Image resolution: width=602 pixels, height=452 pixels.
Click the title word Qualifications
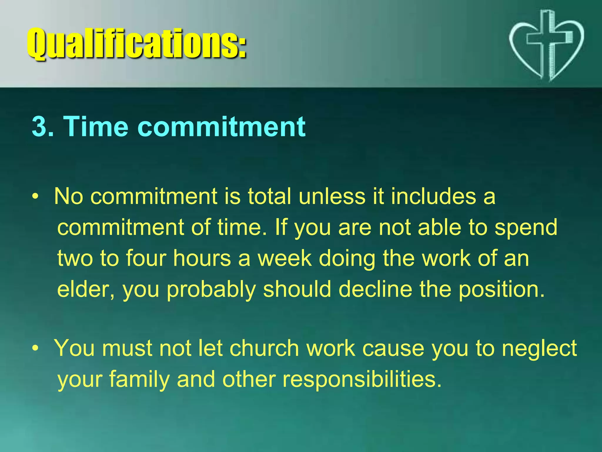[x=137, y=44]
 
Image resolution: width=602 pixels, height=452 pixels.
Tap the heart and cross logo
[x=546, y=46]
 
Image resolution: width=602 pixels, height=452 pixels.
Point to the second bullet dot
[x=35, y=348]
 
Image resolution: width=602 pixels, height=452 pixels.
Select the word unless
[x=332, y=196]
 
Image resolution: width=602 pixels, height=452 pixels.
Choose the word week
[x=284, y=258]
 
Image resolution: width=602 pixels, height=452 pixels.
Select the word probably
[x=211, y=290]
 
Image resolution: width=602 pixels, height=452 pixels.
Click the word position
[x=501, y=290]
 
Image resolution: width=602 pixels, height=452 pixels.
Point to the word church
[x=264, y=348]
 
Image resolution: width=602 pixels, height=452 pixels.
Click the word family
[x=139, y=380]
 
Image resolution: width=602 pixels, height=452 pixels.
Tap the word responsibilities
[x=362, y=380]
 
